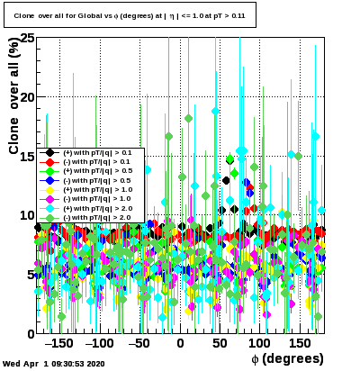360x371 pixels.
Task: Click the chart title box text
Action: tap(130, 16)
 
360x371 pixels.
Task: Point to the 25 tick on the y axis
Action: tap(27, 39)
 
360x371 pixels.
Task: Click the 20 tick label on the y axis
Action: tap(27, 97)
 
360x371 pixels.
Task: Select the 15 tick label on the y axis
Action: tap(27, 156)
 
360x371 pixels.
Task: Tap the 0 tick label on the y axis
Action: tap(31, 334)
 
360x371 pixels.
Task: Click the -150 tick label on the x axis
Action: tap(58, 343)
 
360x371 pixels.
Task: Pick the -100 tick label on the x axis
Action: tap(99, 343)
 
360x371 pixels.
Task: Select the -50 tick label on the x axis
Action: tap(139, 343)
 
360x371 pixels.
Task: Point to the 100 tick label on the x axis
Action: tap(260, 343)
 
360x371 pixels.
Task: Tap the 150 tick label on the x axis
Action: tap(300, 343)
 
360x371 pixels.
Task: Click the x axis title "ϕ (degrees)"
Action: tap(287, 358)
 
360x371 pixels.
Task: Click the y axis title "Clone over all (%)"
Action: tap(13, 96)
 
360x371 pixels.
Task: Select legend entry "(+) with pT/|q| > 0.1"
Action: tap(97, 152)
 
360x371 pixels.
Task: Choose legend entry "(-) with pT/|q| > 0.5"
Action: tap(97, 180)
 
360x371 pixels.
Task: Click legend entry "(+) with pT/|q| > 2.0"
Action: tap(98, 208)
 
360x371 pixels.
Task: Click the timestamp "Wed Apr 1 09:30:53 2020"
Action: tap(54, 364)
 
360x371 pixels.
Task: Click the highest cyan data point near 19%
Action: tap(215, 111)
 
